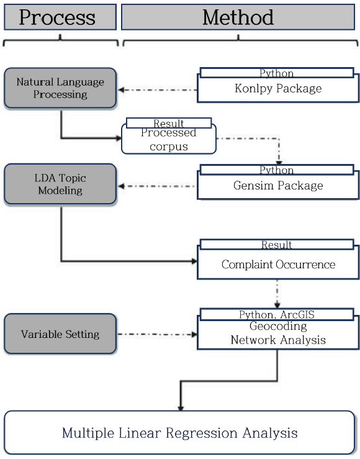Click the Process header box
tap(60, 17)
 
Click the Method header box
tap(239, 17)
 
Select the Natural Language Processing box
tap(60, 88)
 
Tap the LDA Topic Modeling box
tap(60, 184)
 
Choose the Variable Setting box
tap(60, 334)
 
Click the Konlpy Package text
tap(277, 88)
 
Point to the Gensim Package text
tap(277, 185)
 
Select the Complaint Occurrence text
tap(277, 265)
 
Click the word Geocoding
tap(277, 326)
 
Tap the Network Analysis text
tap(277, 340)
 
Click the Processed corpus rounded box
tap(168, 140)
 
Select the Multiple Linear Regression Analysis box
tap(179, 433)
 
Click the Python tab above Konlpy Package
tap(277, 73)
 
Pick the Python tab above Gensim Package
tap(277, 170)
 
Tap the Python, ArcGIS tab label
tap(277, 315)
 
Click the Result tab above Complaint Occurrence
tap(277, 245)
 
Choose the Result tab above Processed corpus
tap(168, 123)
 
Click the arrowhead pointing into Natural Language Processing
tap(122, 89)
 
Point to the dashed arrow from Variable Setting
tap(155, 334)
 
